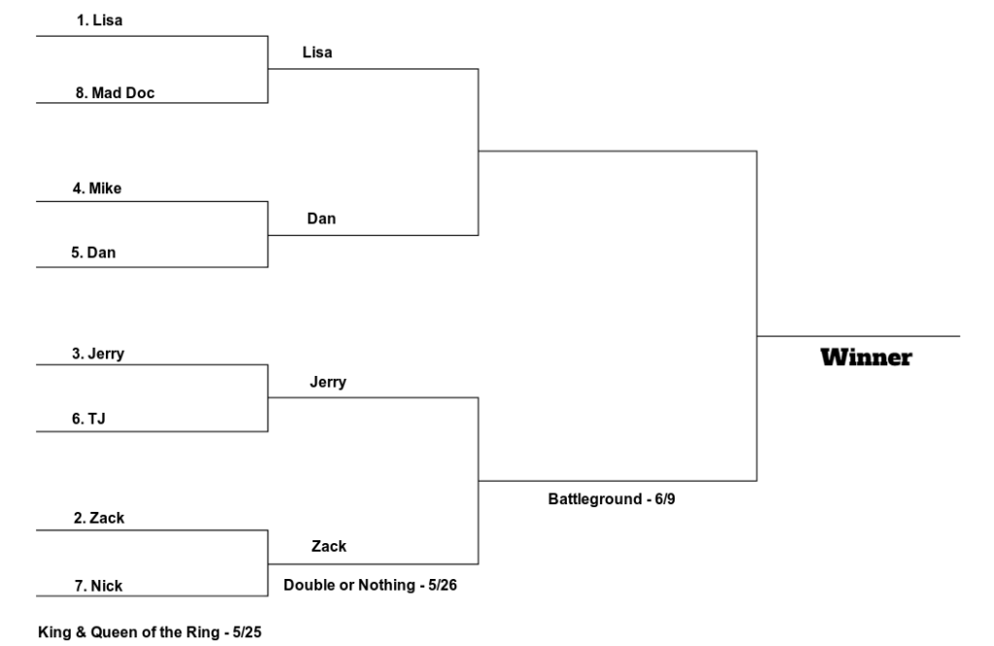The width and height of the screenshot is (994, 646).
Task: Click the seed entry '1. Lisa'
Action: click(99, 20)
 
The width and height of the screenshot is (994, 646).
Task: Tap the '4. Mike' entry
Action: click(97, 187)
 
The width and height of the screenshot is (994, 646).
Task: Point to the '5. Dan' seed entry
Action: click(95, 253)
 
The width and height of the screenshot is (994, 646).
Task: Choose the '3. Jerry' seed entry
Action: click(97, 354)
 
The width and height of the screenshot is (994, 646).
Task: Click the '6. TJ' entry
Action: click(88, 419)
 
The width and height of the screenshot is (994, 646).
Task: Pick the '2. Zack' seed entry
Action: click(98, 518)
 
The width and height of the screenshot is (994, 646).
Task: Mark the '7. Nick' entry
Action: click(97, 586)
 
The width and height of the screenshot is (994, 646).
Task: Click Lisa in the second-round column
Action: click(316, 52)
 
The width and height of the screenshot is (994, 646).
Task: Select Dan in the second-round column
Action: click(321, 219)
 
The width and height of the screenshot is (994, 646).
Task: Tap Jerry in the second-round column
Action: click(327, 382)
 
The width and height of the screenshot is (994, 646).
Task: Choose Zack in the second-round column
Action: click(328, 546)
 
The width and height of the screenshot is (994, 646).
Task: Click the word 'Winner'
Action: click(866, 357)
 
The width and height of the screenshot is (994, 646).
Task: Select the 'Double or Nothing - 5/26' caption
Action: click(368, 586)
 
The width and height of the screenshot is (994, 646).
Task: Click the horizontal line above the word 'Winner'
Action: click(858, 336)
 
